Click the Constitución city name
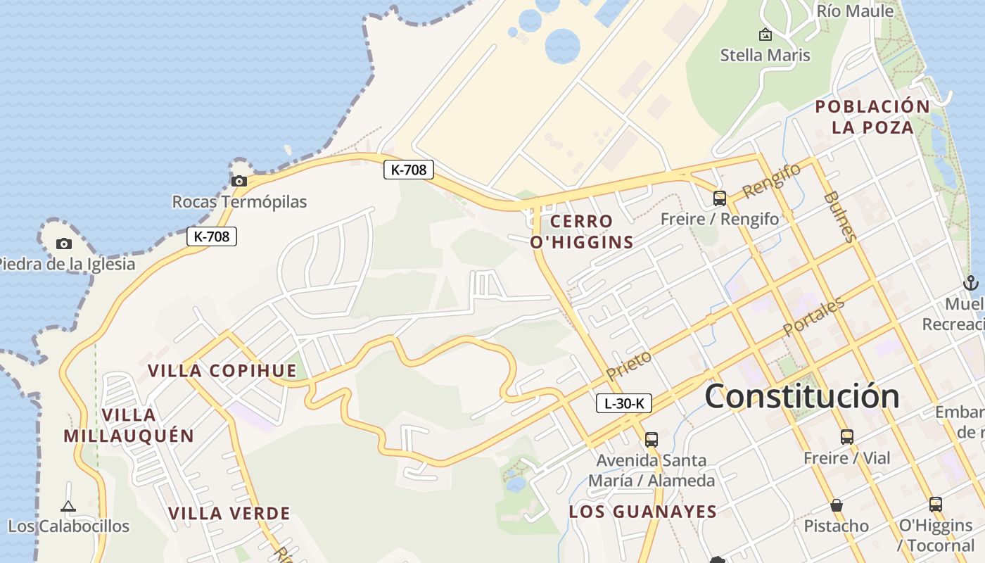(x=801, y=396)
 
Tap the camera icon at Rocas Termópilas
(x=239, y=181)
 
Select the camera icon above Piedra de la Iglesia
(x=64, y=243)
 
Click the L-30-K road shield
(x=624, y=403)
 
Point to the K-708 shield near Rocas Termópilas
(x=212, y=236)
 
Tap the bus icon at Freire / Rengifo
(x=719, y=198)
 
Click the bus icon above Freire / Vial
(x=847, y=436)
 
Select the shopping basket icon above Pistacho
(x=837, y=505)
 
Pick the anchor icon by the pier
(x=970, y=283)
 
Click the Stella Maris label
(x=765, y=55)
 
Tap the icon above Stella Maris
(x=765, y=34)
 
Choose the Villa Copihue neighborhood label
(x=222, y=371)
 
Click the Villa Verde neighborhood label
(x=229, y=513)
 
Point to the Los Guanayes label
(x=642, y=512)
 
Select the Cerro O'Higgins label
(x=582, y=232)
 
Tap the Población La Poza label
(x=872, y=117)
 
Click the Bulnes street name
(x=840, y=216)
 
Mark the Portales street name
(x=813, y=317)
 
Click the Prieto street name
(x=629, y=365)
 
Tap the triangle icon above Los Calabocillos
(x=68, y=506)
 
